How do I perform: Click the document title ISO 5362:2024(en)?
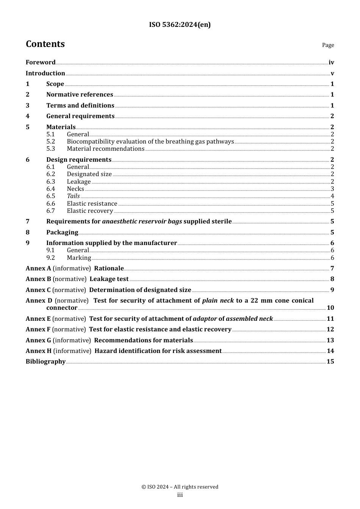pos(180,25)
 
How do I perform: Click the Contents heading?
pos(45,44)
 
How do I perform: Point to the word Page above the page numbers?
pos(328,45)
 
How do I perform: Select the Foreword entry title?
pos(41,62)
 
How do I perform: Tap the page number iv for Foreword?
pos(331,62)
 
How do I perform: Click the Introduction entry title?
pos(45,73)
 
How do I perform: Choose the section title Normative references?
pos(80,95)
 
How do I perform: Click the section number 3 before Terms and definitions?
pos(28,106)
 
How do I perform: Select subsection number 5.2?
pos(51,142)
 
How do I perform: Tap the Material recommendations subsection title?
pos(105,149)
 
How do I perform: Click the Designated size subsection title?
pos(89,174)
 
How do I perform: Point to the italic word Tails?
pos(73,196)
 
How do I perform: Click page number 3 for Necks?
pos(332,189)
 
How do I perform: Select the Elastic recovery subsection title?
pos(90,211)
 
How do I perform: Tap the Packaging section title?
pos(62,233)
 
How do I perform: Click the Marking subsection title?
pos(79,258)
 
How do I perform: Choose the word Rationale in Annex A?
pos(109,269)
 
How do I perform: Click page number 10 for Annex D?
pos(330,308)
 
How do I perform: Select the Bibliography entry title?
pos(45,362)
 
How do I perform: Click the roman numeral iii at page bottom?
pos(180,495)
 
